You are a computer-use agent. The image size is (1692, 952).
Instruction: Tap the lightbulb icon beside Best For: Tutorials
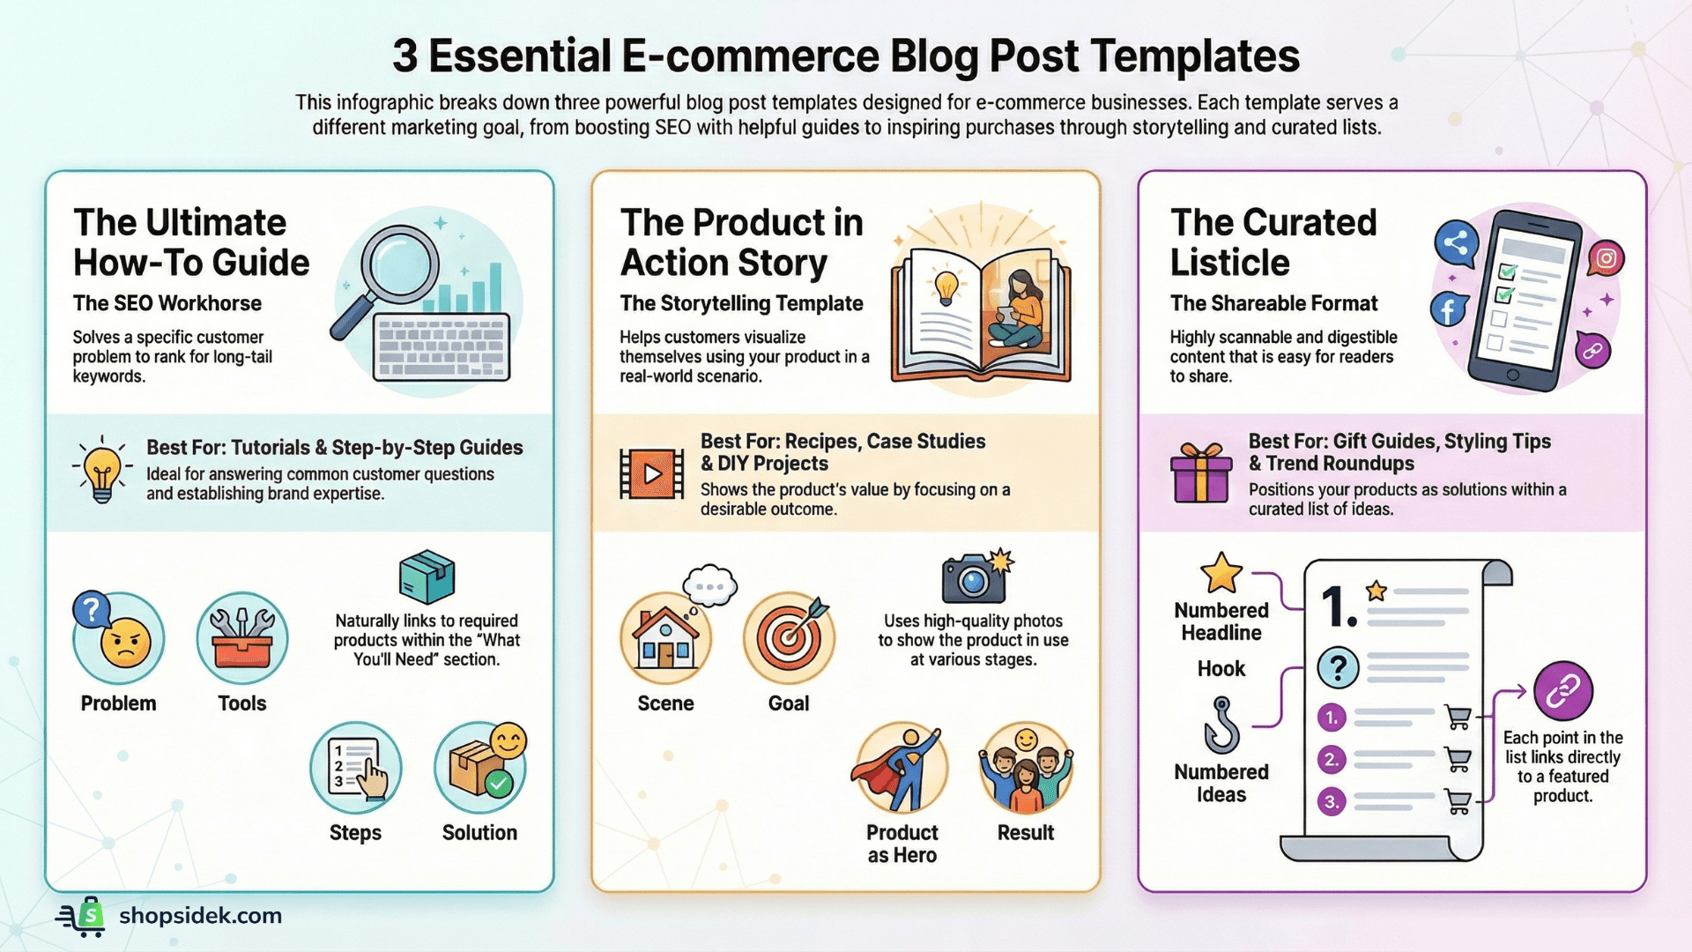point(102,470)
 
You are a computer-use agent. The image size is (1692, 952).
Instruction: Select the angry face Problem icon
point(120,638)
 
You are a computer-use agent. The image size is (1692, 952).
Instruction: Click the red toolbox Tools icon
point(242,638)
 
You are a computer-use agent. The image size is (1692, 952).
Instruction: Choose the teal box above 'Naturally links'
point(427,577)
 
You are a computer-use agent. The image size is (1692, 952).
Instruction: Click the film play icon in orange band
point(652,474)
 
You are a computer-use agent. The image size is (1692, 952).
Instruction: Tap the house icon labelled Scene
point(666,638)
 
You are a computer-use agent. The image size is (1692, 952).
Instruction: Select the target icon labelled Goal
point(789,638)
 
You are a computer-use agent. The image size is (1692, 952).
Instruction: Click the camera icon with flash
point(974,577)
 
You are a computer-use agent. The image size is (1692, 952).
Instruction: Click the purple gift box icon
point(1201,473)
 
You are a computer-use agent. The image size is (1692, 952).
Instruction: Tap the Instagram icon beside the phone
point(1606,258)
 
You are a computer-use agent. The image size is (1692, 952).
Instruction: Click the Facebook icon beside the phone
point(1448,310)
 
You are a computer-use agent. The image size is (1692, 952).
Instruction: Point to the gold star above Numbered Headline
point(1221,573)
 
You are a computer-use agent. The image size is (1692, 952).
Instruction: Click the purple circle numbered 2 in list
point(1332,759)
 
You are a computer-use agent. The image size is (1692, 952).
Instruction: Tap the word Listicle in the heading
point(1230,263)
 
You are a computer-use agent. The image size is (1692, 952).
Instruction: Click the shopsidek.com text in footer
point(201,916)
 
